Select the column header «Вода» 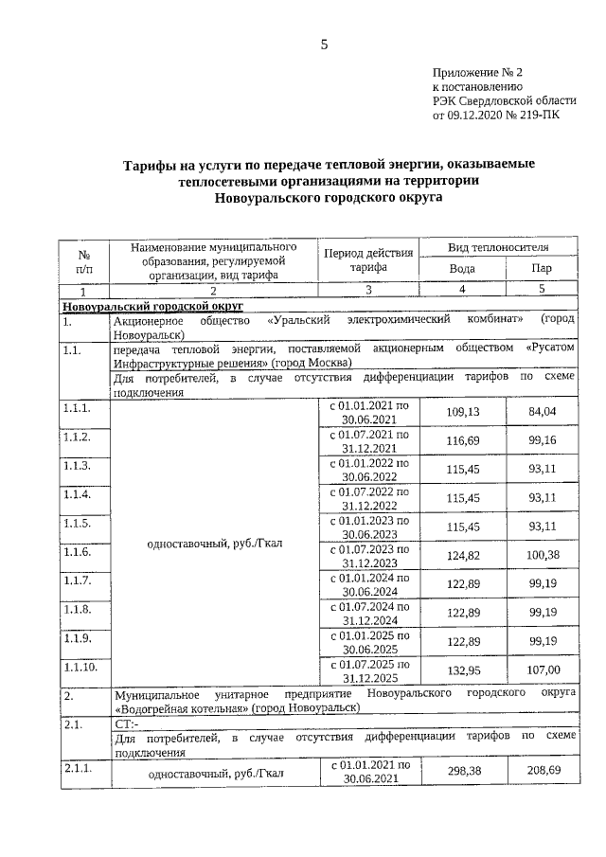(461, 268)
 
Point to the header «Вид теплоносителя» (499, 247)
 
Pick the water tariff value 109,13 (462, 412)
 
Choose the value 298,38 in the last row (462, 772)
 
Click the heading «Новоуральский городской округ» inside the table (152, 306)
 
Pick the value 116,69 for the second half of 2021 (462, 442)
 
